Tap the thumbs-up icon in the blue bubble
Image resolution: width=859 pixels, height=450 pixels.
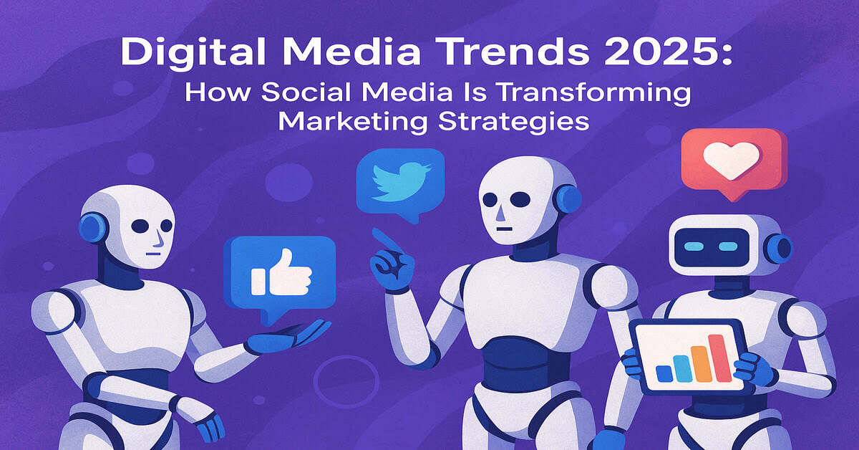point(281,272)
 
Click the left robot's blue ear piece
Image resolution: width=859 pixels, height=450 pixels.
point(91,228)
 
